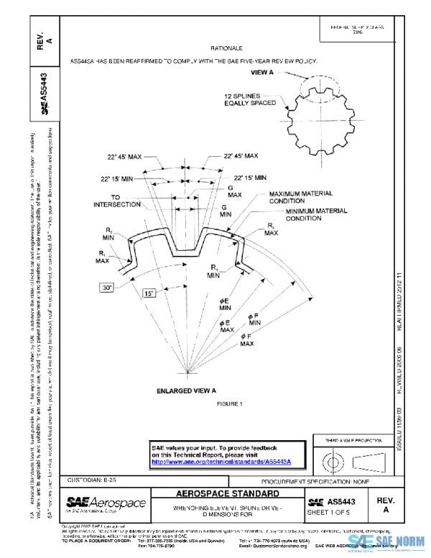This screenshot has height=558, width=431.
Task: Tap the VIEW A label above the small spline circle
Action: [x=262, y=73]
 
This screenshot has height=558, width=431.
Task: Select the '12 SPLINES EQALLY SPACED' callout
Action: [x=249, y=99]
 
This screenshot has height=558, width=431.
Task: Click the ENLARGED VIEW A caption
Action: [x=187, y=390]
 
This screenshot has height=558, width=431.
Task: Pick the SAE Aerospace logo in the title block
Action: [x=106, y=503]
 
